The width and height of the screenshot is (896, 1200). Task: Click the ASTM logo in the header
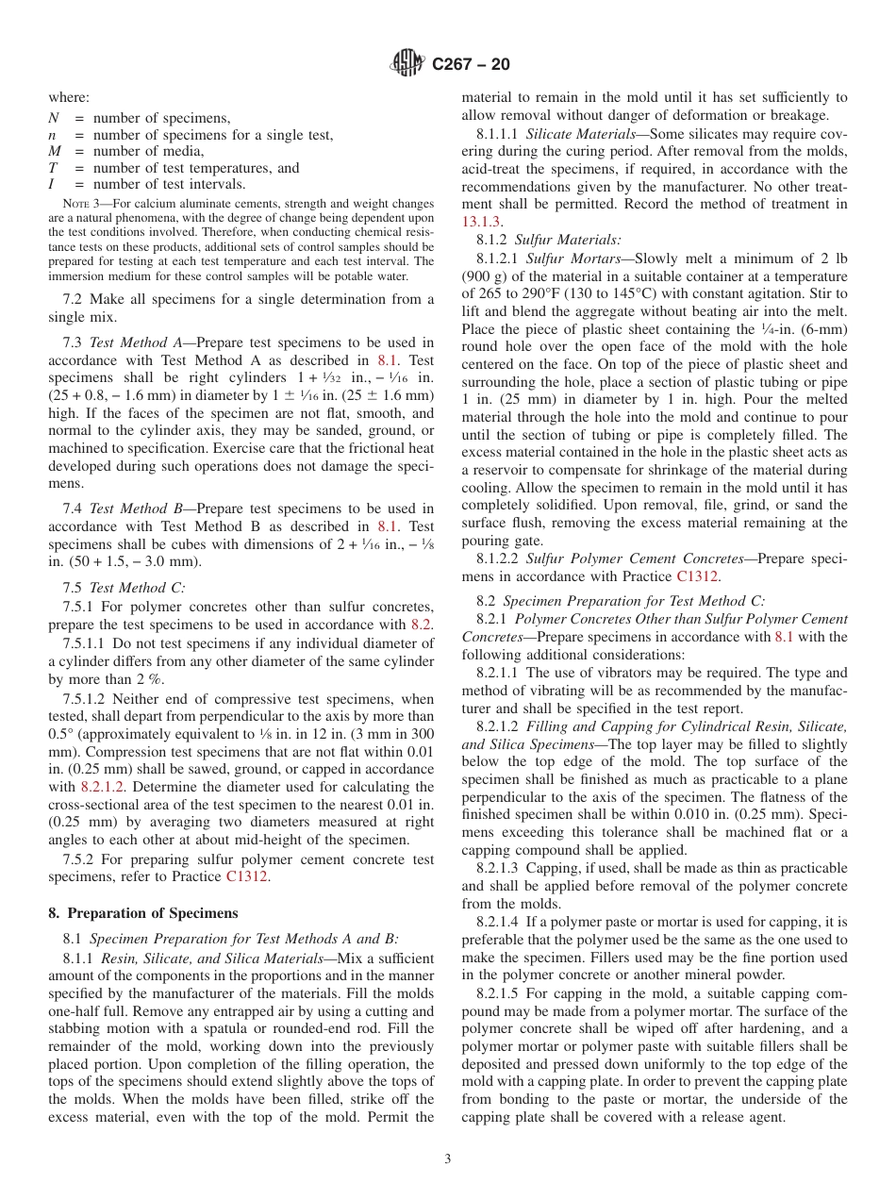[x=407, y=64]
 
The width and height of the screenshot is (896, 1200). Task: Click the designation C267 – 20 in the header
[x=471, y=64]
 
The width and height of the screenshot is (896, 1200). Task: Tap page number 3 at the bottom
[x=448, y=1159]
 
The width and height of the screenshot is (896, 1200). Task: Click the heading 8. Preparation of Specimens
[x=143, y=913]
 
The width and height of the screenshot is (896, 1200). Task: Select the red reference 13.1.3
[x=481, y=221]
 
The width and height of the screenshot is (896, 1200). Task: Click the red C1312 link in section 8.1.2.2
[x=697, y=576]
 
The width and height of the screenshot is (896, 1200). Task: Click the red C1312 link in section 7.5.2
[x=246, y=876]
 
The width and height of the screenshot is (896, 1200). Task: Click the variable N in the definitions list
[x=53, y=118]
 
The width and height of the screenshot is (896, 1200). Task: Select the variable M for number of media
[x=54, y=151]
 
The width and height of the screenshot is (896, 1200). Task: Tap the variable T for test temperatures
[x=53, y=168]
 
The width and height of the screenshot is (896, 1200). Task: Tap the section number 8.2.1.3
[x=497, y=868]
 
